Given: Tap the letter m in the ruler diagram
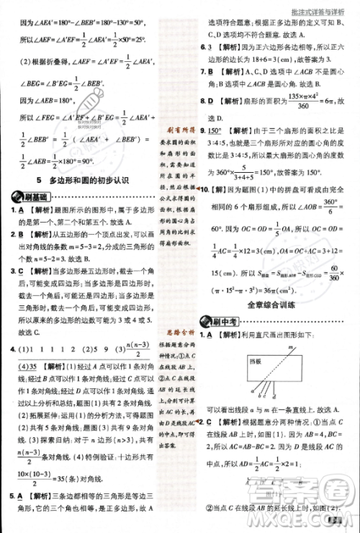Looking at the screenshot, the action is (287, 347).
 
